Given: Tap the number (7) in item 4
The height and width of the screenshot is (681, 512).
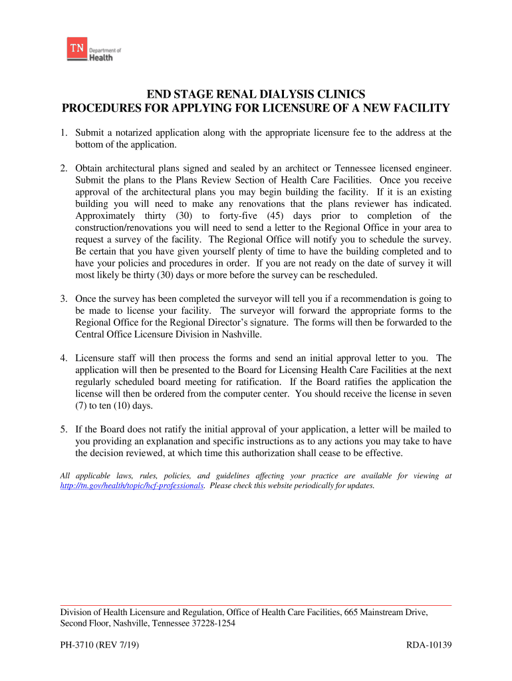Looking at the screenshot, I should (82, 406).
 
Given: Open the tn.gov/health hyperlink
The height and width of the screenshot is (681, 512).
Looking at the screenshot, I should (132, 486).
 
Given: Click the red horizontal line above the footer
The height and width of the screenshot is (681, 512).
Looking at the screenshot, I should (256, 605).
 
